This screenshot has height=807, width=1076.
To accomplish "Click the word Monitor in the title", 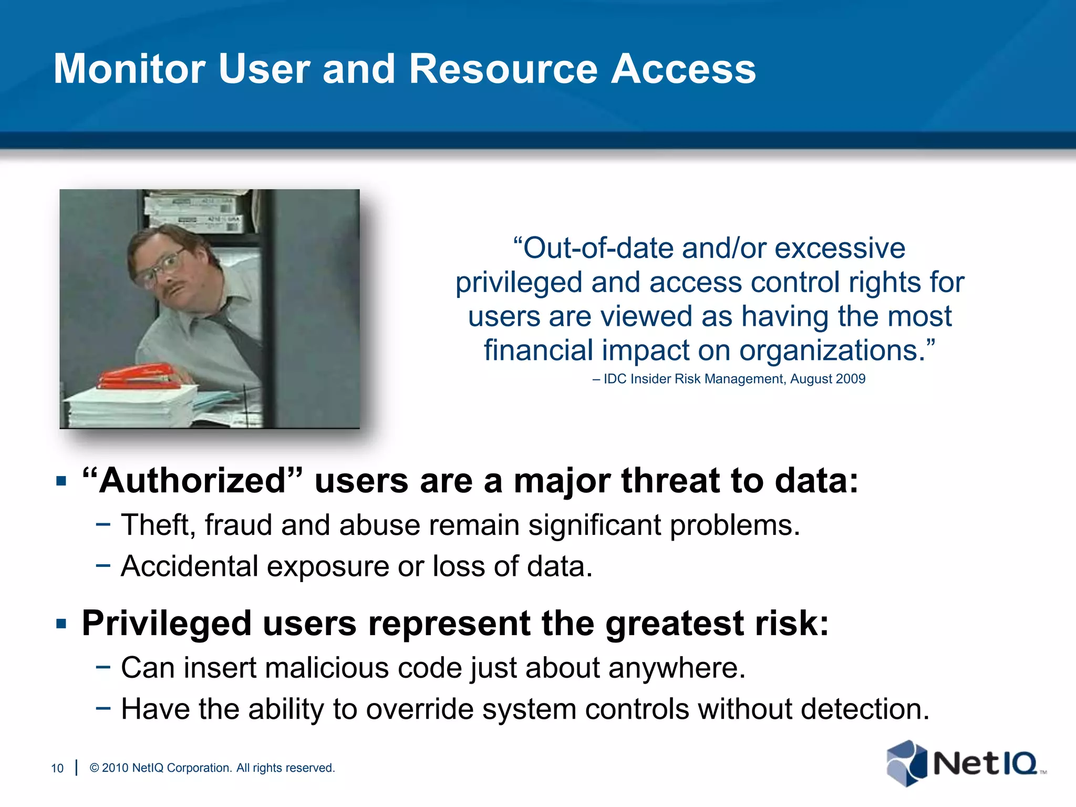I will click(129, 69).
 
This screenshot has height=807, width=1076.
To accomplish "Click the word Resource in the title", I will click(503, 69).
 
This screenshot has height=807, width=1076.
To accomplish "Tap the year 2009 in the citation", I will click(851, 379).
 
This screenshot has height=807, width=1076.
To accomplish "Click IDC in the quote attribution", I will click(615, 379).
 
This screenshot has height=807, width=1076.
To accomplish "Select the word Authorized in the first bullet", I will click(192, 481).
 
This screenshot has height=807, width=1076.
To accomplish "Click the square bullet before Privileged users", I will click(61, 624).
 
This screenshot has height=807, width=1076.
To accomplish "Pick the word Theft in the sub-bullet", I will click(154, 525).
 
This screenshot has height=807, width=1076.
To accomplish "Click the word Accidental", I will click(189, 566).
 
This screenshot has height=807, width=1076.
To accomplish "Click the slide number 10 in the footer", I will click(57, 768).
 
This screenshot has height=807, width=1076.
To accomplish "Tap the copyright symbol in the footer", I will click(95, 768).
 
